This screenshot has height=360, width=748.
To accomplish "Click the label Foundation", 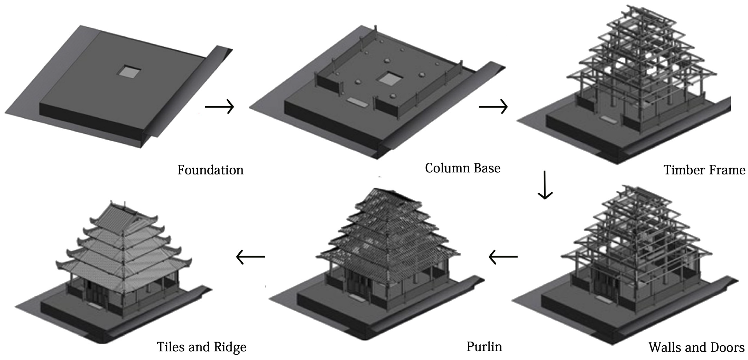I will click(210, 170).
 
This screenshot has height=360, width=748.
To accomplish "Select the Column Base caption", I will click(463, 168).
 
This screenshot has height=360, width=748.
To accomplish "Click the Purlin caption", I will click(484, 347).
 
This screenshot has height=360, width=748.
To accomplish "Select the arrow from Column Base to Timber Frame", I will click(493, 107).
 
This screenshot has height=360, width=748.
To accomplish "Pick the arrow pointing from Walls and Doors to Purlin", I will click(503, 257).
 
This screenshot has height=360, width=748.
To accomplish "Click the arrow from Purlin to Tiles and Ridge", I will click(250, 257).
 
